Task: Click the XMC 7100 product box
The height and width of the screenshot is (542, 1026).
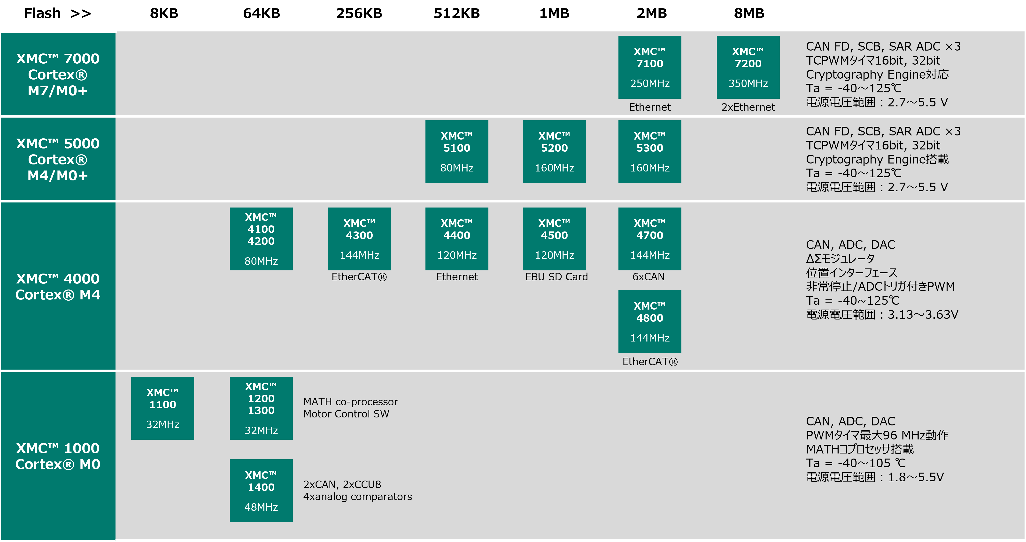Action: [650, 67]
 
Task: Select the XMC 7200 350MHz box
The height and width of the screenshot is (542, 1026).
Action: [748, 67]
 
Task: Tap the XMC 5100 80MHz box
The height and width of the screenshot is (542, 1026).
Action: [457, 152]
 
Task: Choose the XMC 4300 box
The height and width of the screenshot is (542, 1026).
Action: [359, 239]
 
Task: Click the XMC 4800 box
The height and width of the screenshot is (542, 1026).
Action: [650, 321]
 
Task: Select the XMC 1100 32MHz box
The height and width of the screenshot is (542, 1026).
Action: [162, 408]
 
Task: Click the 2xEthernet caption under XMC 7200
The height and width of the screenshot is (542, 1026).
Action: [748, 107]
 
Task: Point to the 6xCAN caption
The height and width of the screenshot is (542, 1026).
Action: [648, 277]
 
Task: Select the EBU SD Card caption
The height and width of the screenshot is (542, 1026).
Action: [556, 277]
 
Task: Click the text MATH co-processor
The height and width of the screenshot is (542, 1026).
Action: [350, 402]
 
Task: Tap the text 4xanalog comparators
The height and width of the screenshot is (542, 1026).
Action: [357, 497]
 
